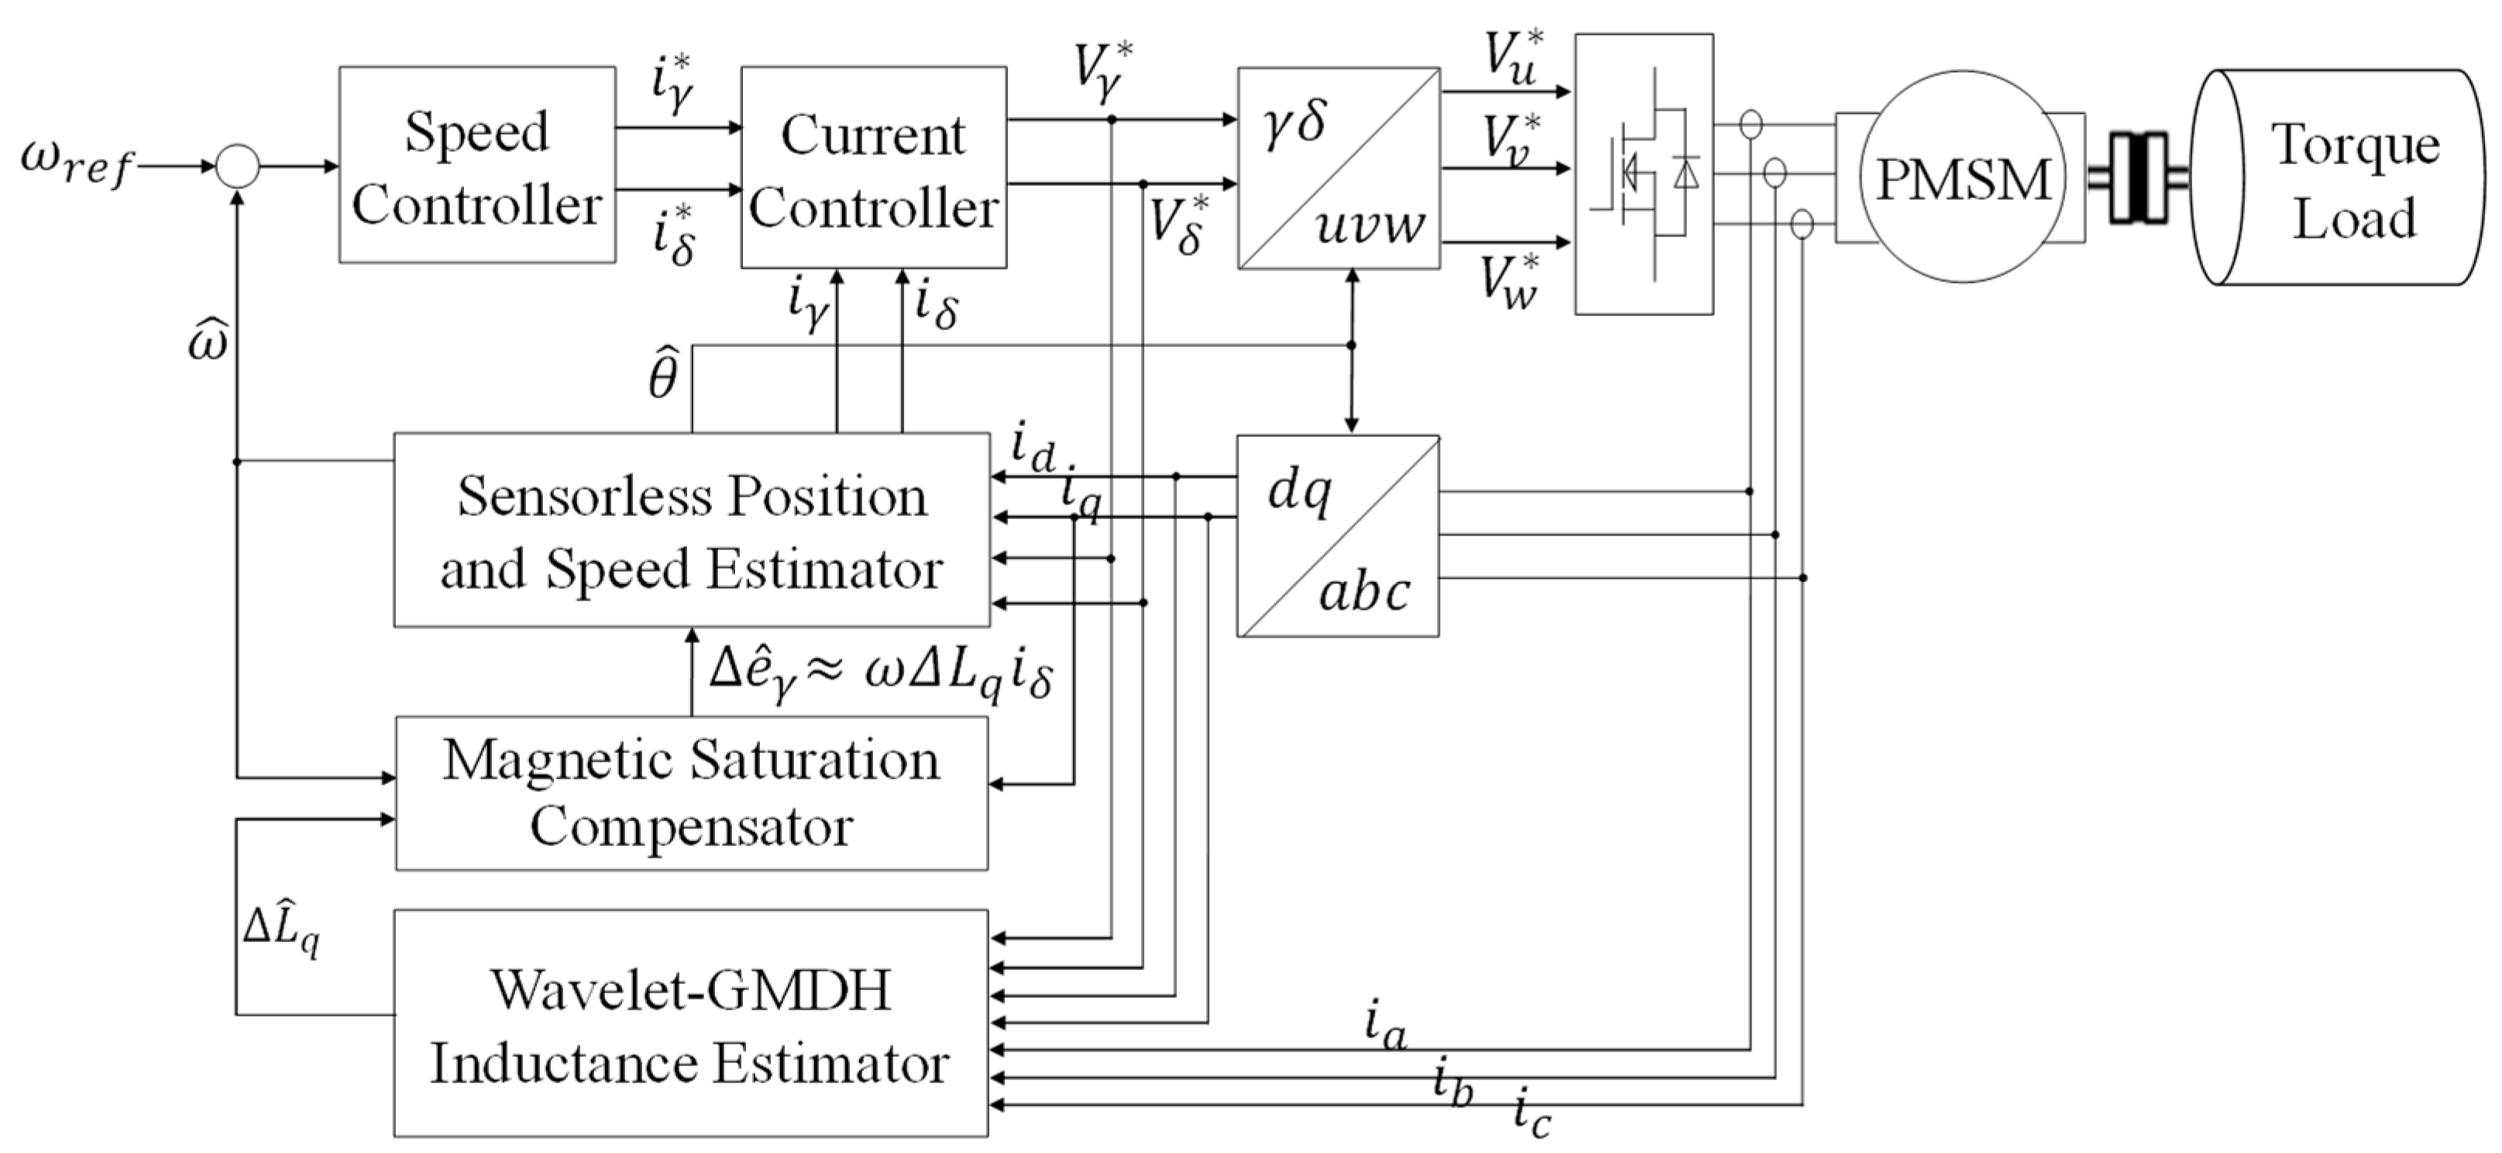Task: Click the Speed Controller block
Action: pos(477,165)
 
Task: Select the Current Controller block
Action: pos(873,168)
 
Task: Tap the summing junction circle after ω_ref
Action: pos(237,166)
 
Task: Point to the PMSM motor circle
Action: pos(1962,177)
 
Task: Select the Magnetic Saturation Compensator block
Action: pos(692,793)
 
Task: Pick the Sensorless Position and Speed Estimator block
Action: pos(692,530)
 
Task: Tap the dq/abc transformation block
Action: pos(1338,536)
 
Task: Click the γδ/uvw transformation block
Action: pos(1339,168)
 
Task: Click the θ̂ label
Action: pos(662,374)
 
